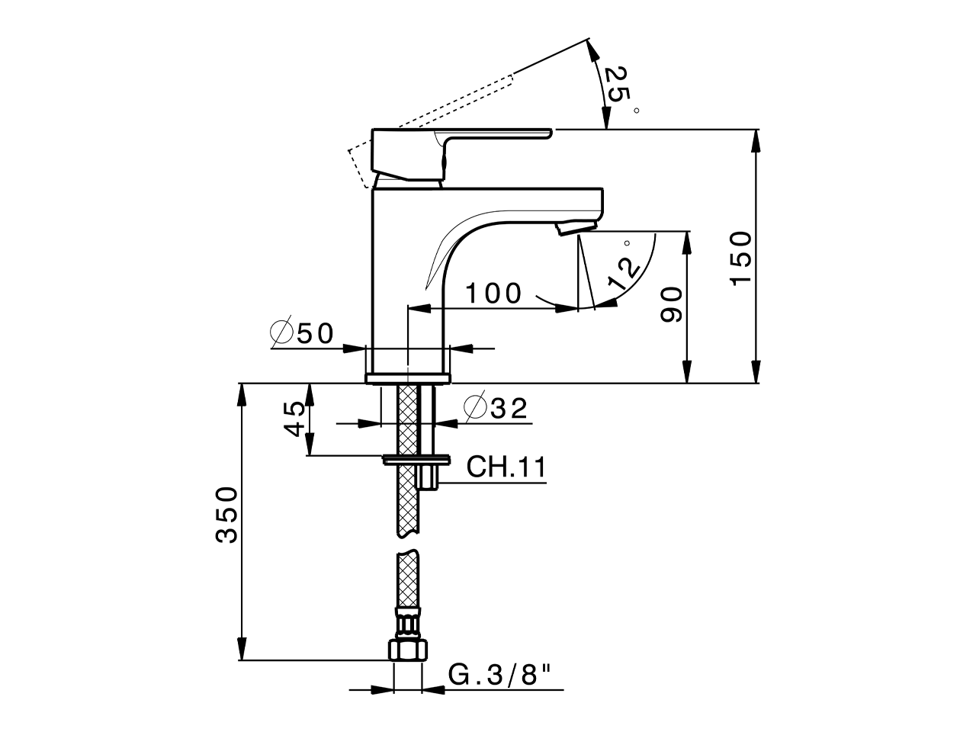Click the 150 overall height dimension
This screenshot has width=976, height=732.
(x=740, y=258)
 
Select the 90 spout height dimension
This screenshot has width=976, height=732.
(x=670, y=305)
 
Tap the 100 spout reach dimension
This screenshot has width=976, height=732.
(x=493, y=293)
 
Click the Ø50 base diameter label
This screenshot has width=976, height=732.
(x=303, y=333)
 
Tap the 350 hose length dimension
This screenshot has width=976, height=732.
(x=226, y=515)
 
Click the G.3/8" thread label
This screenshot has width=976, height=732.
(x=499, y=674)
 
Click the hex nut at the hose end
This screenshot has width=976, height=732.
(x=408, y=649)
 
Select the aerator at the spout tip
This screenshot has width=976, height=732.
(x=576, y=227)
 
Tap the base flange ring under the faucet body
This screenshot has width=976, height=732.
(x=408, y=378)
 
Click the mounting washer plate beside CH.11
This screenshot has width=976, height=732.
(x=416, y=459)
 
